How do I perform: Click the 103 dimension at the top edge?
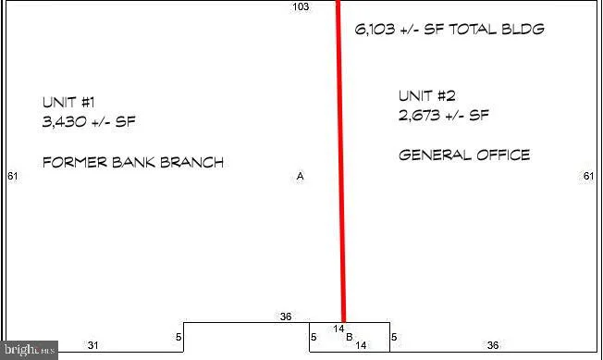[301, 6]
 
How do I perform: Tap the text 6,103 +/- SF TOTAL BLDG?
[449, 30]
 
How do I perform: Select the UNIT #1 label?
[68, 103]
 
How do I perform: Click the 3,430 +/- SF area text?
[89, 122]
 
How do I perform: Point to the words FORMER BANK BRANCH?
[133, 162]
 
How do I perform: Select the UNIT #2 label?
[427, 95]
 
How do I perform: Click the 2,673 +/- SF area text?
[444, 115]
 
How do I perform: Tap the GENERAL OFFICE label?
[464, 155]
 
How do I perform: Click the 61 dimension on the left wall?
[13, 176]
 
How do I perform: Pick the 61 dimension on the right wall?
[589, 176]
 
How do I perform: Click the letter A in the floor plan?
[300, 176]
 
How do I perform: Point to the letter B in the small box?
[350, 337]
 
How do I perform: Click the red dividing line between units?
[341, 161]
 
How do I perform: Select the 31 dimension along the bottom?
[92, 345]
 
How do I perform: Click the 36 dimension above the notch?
[286, 317]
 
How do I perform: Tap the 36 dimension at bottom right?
[493, 345]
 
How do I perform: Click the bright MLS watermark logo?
[30, 350]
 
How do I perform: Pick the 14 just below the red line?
[338, 329]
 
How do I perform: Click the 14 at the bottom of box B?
[361, 345]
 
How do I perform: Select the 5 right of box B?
[394, 337]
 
